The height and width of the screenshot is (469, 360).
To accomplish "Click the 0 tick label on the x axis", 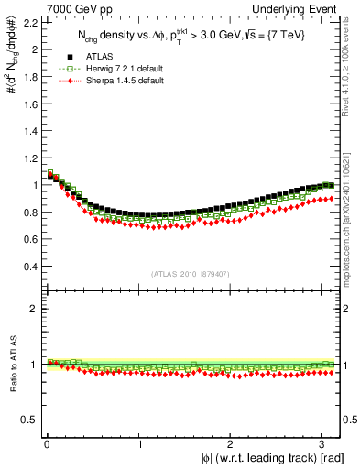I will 46,443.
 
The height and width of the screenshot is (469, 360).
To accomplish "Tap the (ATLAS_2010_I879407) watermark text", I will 191,273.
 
